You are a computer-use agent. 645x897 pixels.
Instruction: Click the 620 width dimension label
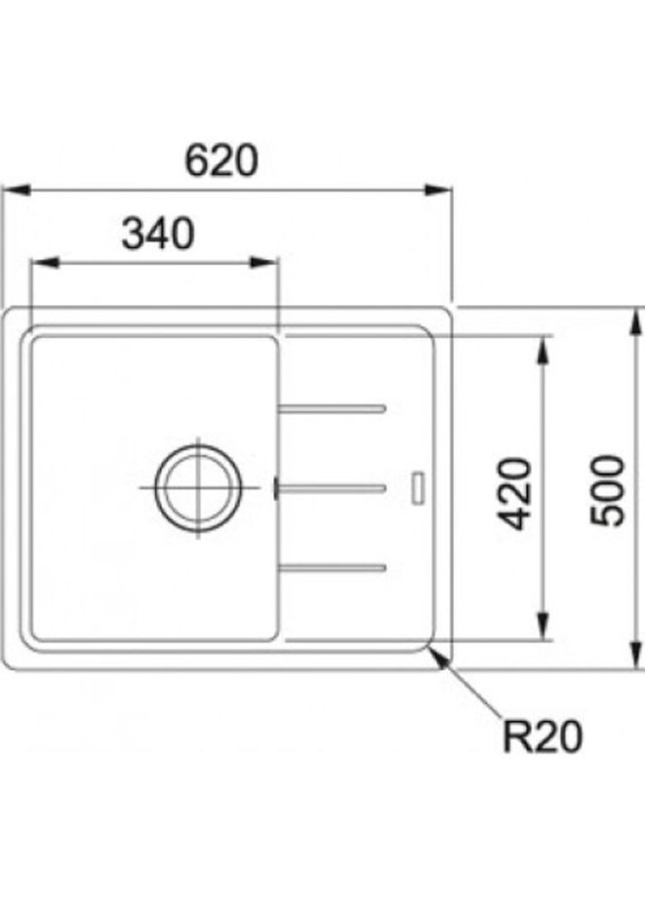pos(221,160)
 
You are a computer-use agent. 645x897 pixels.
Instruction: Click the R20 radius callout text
pos(542,736)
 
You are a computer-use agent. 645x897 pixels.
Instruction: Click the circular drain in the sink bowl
pos(199,487)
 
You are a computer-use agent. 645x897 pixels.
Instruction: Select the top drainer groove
pos(333,408)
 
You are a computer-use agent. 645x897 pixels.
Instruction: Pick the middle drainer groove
pos(333,488)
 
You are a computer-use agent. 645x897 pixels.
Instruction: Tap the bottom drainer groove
pos(333,566)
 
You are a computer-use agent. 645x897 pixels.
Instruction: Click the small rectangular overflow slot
pos(418,486)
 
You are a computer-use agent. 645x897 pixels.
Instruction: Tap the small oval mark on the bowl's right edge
pos(275,488)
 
